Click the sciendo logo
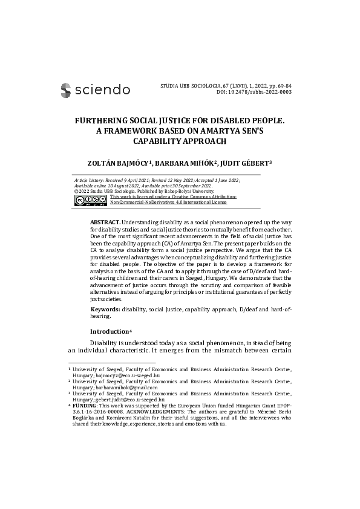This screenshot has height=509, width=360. click(95, 90)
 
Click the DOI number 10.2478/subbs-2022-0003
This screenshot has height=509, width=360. click(261, 92)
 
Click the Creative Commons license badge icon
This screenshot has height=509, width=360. click(90, 200)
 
